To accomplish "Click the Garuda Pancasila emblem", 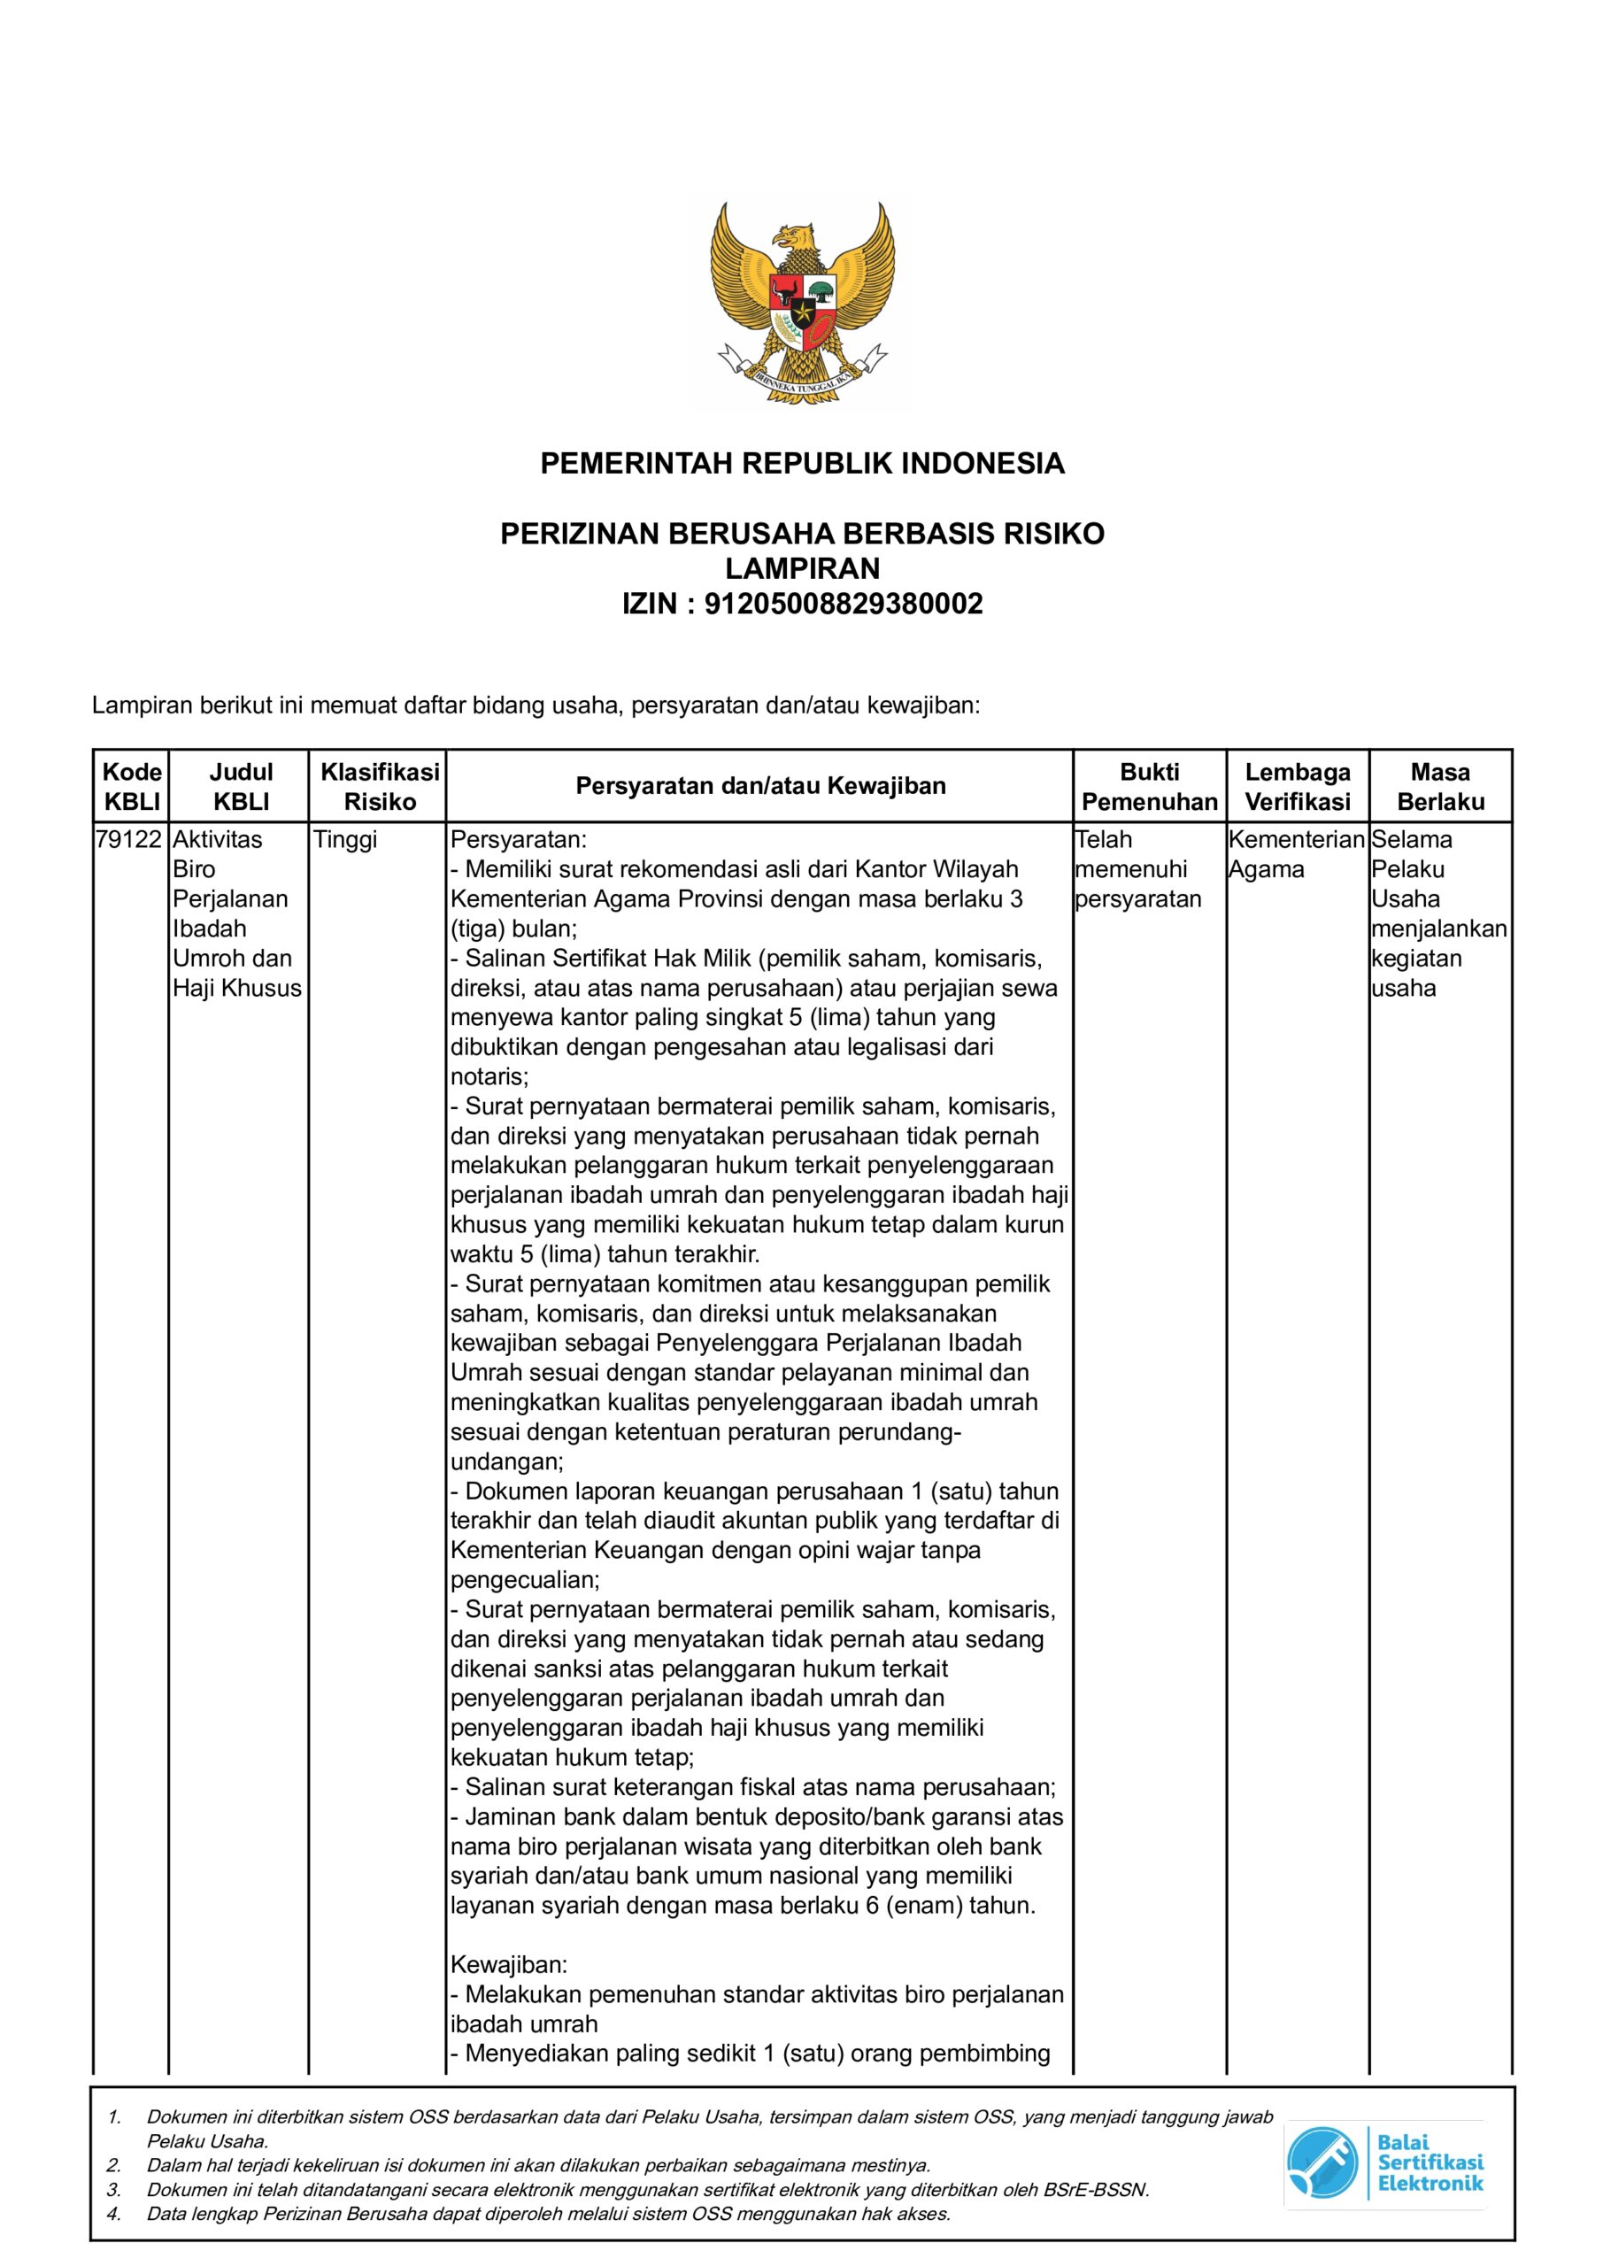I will point(802,301).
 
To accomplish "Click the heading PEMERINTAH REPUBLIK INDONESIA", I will point(802,463).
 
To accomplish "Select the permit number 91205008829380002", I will point(843,603).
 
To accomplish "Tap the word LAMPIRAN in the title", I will point(802,568).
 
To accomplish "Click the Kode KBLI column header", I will point(131,787).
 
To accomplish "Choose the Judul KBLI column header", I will point(241,787).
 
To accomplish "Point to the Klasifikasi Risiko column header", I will point(379,787).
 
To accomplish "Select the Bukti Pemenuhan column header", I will point(1149,787).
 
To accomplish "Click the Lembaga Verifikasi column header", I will point(1297,787).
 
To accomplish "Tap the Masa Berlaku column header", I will point(1440,787).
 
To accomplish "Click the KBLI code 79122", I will point(129,840).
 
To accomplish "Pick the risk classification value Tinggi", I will point(344,840).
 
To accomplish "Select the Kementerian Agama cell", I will point(1296,855).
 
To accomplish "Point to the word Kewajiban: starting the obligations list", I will point(508,1965).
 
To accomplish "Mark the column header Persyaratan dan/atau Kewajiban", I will point(760,787).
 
